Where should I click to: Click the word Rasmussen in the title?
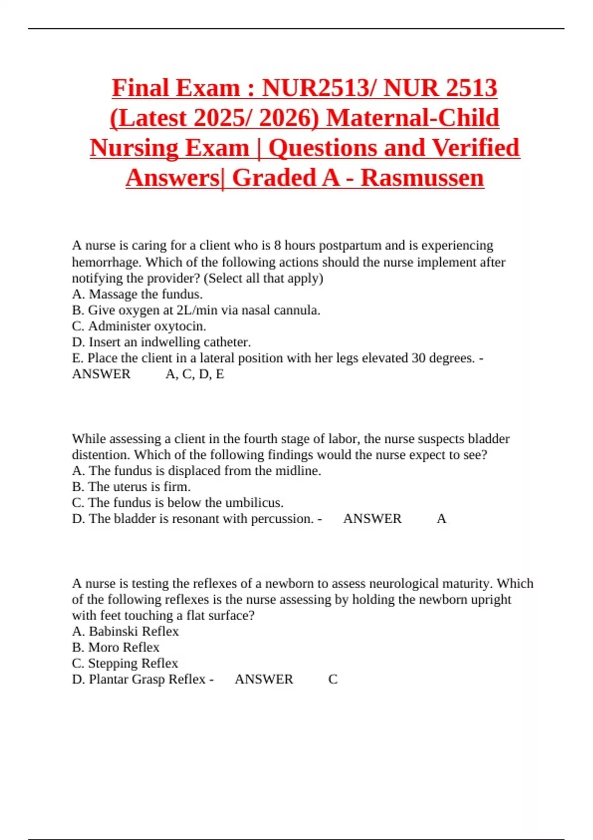click(422, 178)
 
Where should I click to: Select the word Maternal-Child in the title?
click(413, 118)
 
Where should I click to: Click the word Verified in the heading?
click(475, 148)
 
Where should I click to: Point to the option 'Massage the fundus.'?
click(137, 294)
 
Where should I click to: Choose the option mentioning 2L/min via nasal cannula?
click(196, 310)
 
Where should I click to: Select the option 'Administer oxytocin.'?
click(139, 326)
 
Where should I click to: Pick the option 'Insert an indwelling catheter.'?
click(161, 342)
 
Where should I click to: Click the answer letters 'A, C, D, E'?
click(195, 374)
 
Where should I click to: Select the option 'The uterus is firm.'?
click(131, 487)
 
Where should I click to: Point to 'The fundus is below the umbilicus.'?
click(178, 503)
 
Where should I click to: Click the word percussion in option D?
click(282, 518)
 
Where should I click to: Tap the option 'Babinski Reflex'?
click(126, 631)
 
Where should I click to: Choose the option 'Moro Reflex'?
click(116, 647)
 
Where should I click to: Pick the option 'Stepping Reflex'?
click(125, 663)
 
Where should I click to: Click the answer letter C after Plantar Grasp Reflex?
click(333, 679)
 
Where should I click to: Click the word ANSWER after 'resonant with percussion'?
click(373, 518)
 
